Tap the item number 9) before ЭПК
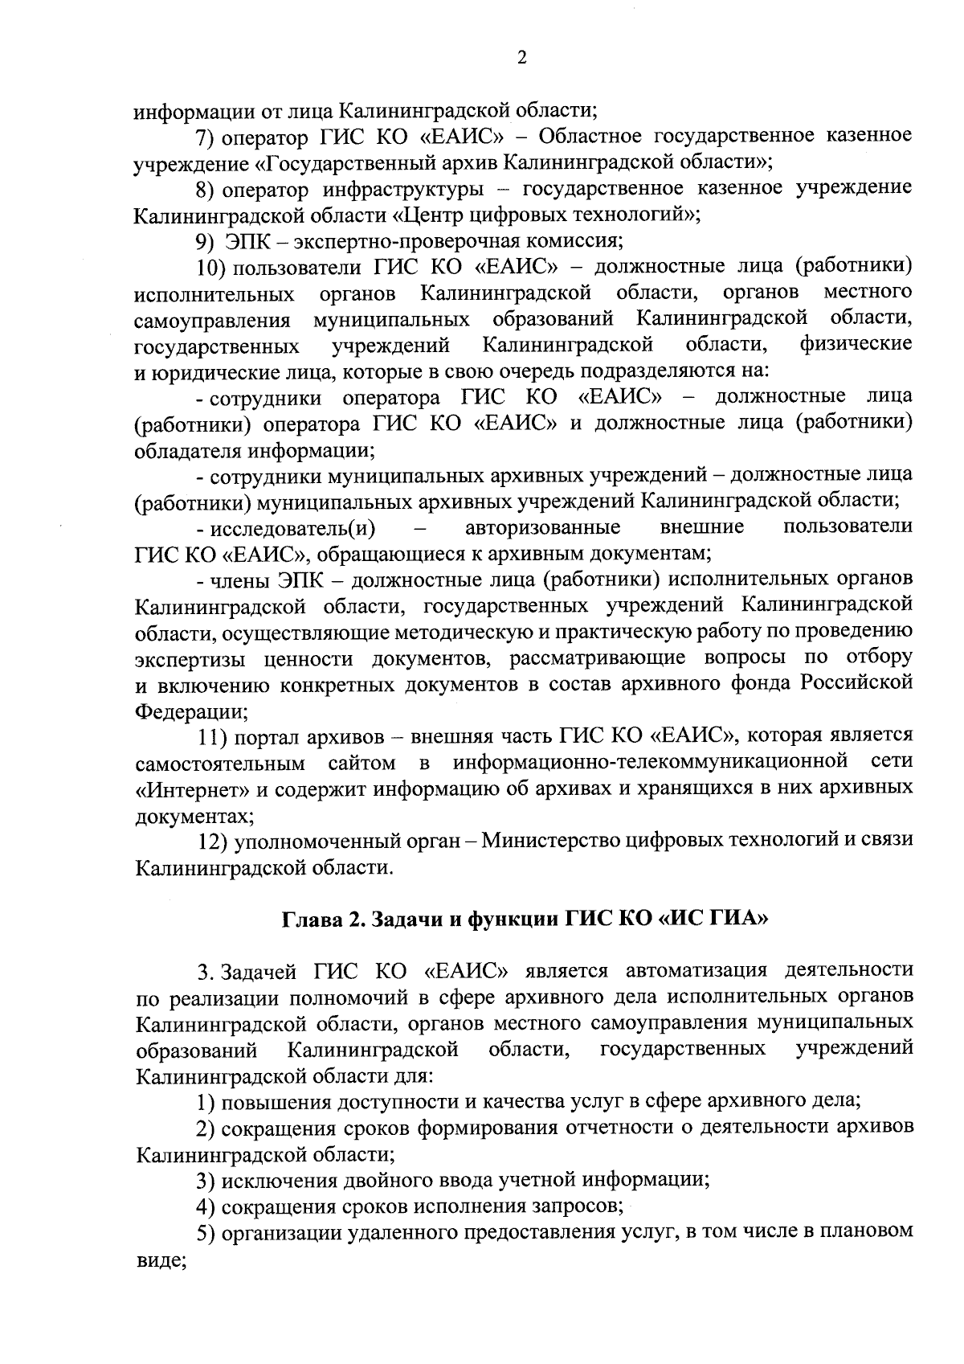pos(206,240)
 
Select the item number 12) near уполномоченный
pos(214,841)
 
